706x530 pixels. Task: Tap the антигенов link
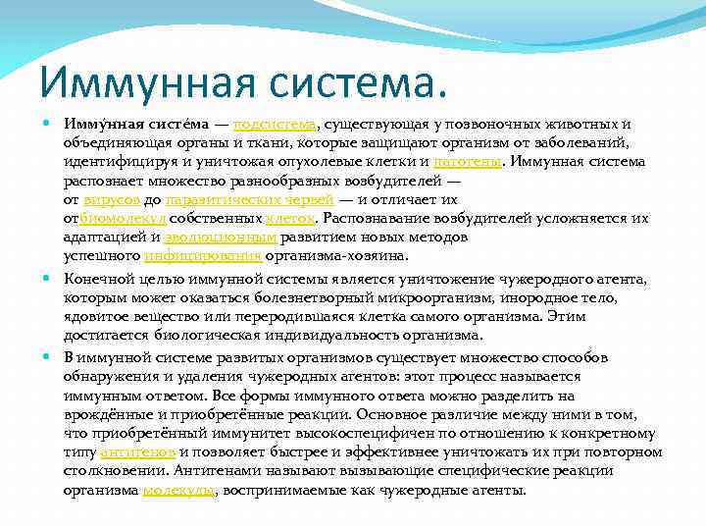pos(139,452)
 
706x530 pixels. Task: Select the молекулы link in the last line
pos(179,490)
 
